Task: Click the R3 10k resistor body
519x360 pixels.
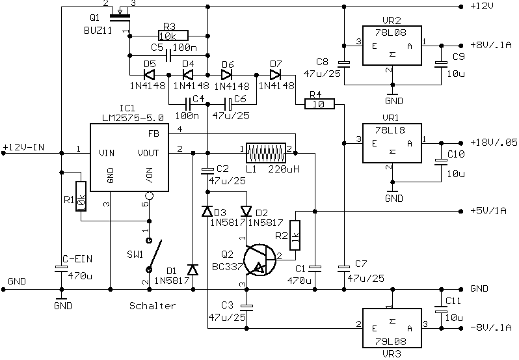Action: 173,36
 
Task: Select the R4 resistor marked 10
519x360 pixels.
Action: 319,104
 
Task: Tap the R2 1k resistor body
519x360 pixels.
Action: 295,235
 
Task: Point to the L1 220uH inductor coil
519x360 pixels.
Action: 266,153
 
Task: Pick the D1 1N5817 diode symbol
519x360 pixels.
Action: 193,270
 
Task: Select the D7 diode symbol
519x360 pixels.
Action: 275,74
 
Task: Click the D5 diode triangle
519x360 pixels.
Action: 150,74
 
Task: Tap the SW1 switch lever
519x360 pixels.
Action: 155,255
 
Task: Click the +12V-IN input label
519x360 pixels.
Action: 23,147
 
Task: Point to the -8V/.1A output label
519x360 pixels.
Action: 491,327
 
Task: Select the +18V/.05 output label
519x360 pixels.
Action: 494,143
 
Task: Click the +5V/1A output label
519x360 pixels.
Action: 488,211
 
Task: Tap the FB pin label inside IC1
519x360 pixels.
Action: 154,133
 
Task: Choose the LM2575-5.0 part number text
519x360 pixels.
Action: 133,118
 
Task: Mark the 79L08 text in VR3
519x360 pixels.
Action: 391,341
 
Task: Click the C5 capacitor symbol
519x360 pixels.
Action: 168,55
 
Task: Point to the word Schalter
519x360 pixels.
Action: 152,305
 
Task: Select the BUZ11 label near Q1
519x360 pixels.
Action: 98,31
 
